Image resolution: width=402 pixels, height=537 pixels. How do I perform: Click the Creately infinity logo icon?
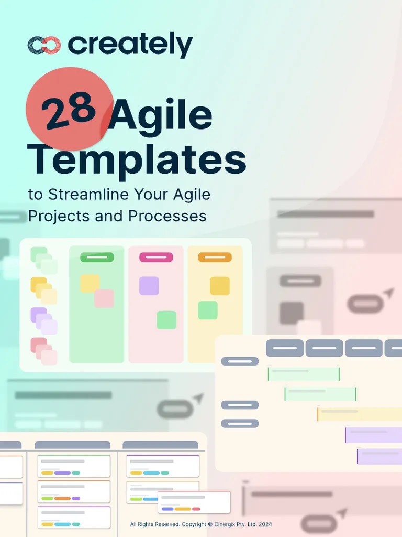click(x=44, y=46)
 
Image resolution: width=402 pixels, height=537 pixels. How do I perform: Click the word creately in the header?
click(x=130, y=46)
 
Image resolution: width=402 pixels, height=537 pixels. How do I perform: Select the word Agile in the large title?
click(x=162, y=116)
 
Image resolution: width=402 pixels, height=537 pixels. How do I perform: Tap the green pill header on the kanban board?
click(x=97, y=257)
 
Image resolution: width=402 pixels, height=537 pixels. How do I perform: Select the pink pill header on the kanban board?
click(x=156, y=257)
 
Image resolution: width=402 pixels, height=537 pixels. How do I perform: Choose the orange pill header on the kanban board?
click(x=215, y=257)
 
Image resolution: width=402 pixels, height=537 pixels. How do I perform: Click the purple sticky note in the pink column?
click(x=149, y=286)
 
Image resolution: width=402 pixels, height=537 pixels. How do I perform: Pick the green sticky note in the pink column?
click(x=166, y=320)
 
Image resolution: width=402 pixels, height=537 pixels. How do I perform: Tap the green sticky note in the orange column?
click(x=208, y=310)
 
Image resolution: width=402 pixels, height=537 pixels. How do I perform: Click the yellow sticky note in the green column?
click(x=90, y=283)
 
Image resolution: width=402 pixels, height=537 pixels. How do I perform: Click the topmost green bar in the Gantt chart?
click(x=304, y=374)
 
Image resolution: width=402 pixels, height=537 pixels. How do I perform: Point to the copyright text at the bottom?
click(x=201, y=524)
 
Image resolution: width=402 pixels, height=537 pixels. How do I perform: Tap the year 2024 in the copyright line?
click(x=265, y=524)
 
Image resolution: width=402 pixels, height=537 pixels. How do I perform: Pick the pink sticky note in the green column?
click(x=104, y=298)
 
